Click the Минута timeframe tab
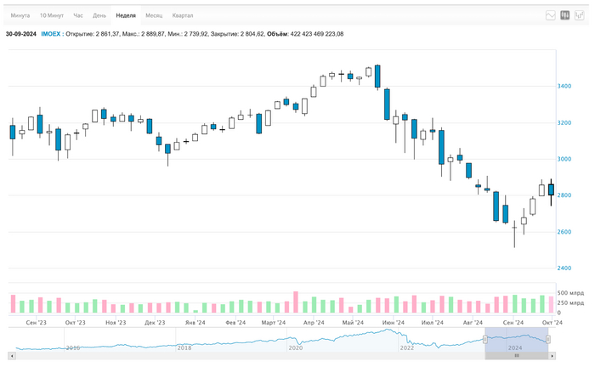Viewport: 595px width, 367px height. tap(20, 15)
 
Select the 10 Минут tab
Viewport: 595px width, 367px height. tap(51, 15)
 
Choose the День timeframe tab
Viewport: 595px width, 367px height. tap(99, 15)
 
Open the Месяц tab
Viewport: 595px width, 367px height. tap(154, 15)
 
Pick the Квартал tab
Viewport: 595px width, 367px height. tap(182, 15)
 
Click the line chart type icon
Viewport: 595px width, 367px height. tap(551, 15)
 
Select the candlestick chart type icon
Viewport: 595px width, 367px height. tap(564, 15)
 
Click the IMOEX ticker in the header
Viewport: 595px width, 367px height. tap(50, 34)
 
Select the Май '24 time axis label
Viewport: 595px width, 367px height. tap(353, 323)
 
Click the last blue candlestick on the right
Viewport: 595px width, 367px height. tap(551, 189)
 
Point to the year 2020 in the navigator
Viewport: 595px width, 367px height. tap(295, 347)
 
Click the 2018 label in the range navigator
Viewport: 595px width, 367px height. tap(184, 347)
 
